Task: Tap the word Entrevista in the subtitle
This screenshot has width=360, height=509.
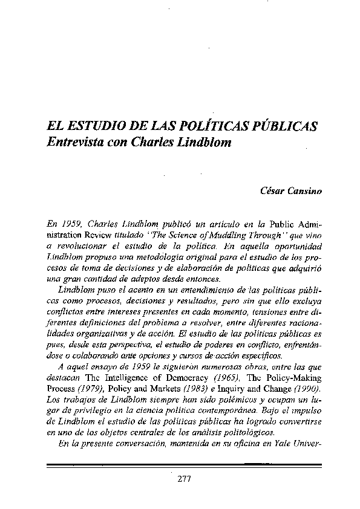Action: click(x=75, y=145)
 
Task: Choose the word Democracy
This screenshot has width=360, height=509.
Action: click(x=185, y=380)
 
